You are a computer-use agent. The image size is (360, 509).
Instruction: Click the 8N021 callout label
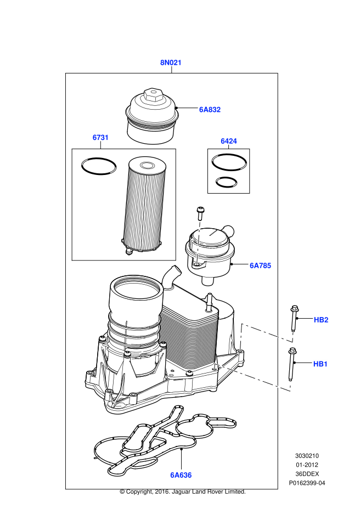pos(171,63)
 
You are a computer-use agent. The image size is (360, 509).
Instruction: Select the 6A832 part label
pos(210,110)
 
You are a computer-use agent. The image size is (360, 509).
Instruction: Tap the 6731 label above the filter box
pos(100,138)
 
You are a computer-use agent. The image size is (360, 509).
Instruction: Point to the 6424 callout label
pos(229,141)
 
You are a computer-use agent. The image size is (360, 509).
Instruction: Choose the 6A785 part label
pos(260,265)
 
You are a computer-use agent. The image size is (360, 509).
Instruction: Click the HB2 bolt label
pos(320,319)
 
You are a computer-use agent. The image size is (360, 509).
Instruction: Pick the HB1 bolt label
pos(320,364)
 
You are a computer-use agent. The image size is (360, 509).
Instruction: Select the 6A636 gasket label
pos(181,475)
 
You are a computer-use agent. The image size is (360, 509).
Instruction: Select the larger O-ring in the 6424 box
pos(229,162)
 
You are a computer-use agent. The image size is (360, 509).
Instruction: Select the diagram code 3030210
pos(307,455)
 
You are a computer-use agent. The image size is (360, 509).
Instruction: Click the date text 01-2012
pos(307,465)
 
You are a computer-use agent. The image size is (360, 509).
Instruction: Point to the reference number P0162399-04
pos(307,483)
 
